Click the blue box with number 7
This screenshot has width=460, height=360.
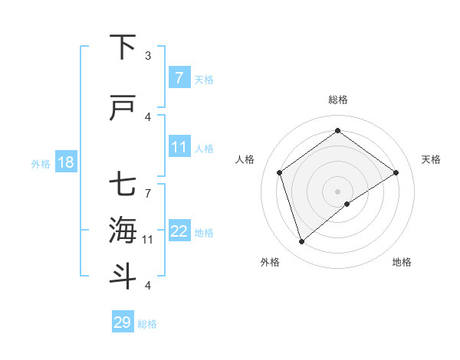pyautogui.click(x=179, y=78)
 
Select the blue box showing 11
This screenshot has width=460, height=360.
pyautogui.click(x=179, y=147)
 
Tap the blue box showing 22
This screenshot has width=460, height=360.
pyautogui.click(x=179, y=231)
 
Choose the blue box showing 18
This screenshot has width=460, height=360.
pyautogui.click(x=65, y=162)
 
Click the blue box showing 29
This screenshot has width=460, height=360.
pyautogui.click(x=122, y=322)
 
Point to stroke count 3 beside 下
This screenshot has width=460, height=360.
pyautogui.click(x=148, y=55)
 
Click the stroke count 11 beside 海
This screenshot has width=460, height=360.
pyautogui.click(x=148, y=239)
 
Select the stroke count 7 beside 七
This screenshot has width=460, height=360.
pyautogui.click(x=148, y=185)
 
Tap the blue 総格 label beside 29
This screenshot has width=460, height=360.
pyautogui.click(x=147, y=324)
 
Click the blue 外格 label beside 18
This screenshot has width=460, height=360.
pyautogui.click(x=41, y=163)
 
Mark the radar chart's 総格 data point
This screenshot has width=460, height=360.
pyautogui.click(x=337, y=130)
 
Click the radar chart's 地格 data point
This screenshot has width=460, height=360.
pyautogui.click(x=347, y=204)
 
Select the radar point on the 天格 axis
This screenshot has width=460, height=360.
pyautogui.click(x=396, y=172)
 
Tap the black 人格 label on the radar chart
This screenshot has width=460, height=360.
pyautogui.click(x=245, y=159)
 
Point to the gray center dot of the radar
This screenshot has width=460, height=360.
pyautogui.click(x=337, y=191)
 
